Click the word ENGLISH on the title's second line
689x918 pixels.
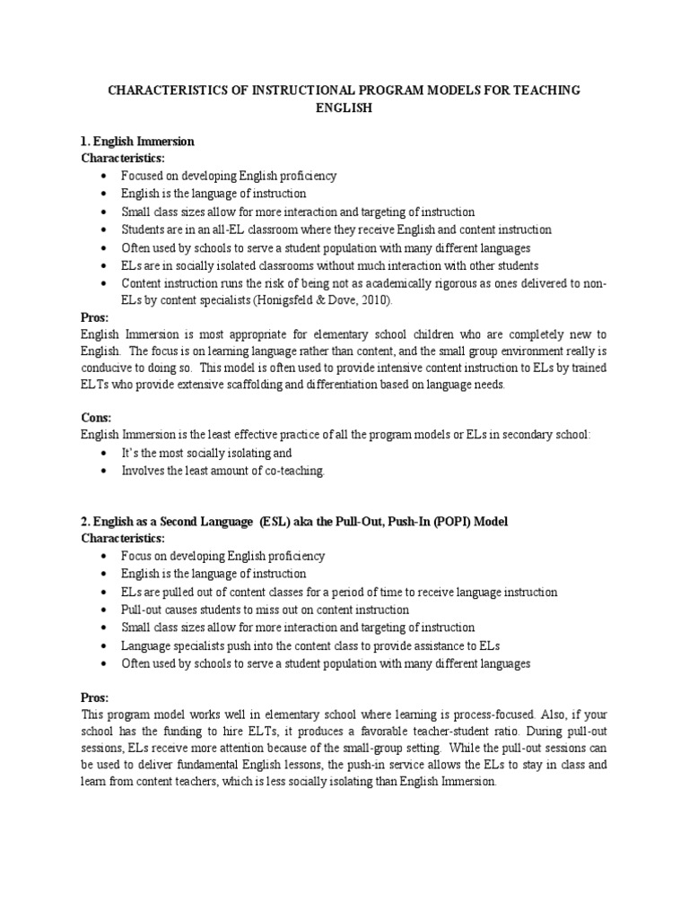pos(344,108)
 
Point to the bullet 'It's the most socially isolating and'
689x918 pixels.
pos(207,453)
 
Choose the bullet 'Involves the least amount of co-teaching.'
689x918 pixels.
pos(223,471)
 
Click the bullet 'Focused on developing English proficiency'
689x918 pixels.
pos(230,176)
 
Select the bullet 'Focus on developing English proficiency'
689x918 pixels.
pos(223,556)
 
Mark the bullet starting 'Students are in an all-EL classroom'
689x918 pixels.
pos(337,229)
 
